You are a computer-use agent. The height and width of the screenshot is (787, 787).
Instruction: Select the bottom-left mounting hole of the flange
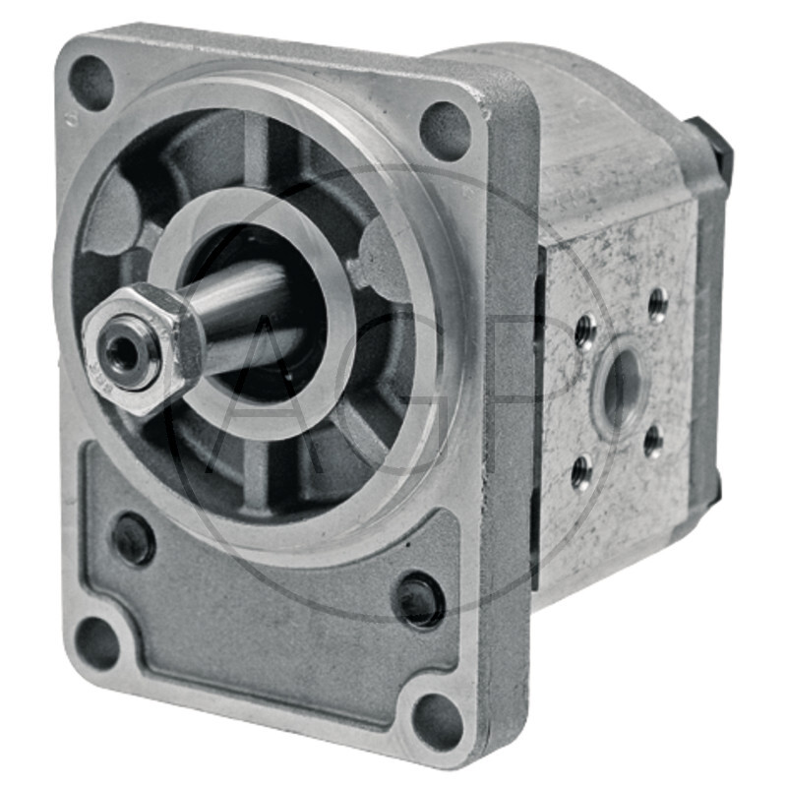click(x=97, y=643)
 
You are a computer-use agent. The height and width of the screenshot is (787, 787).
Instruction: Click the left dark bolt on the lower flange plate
click(x=133, y=538)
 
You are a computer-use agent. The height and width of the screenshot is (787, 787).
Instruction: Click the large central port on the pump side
click(x=621, y=387)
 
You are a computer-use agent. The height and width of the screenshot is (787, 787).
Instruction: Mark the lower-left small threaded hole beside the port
click(x=581, y=471)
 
